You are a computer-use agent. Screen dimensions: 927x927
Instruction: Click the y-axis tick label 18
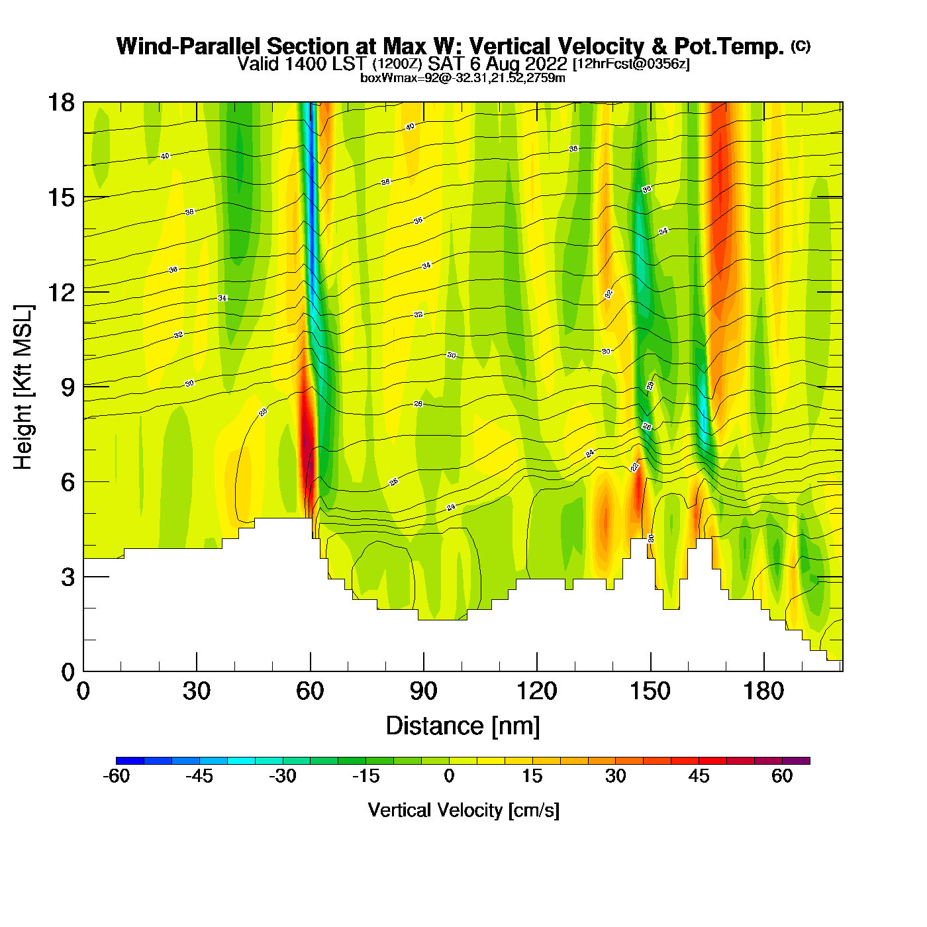(x=60, y=103)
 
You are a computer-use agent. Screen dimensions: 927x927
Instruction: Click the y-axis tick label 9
(x=68, y=387)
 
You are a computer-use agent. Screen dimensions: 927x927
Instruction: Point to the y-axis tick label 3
(x=68, y=577)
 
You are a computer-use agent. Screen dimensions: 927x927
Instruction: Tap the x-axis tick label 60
(x=310, y=691)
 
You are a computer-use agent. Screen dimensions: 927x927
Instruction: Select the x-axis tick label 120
(x=536, y=691)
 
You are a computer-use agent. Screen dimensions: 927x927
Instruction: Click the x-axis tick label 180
(x=763, y=691)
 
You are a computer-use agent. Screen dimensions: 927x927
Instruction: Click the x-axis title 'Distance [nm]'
(x=463, y=726)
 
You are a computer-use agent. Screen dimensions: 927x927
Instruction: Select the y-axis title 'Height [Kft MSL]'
(x=23, y=387)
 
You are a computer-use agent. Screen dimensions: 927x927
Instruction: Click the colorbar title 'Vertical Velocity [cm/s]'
(x=463, y=810)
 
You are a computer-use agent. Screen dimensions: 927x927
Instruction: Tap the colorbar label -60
(x=116, y=776)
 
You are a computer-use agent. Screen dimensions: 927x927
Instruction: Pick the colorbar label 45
(x=699, y=776)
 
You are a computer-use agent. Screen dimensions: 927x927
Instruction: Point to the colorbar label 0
(x=449, y=776)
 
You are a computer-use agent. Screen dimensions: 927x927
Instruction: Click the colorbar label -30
(x=282, y=776)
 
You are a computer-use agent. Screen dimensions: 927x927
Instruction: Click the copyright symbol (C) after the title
(x=801, y=46)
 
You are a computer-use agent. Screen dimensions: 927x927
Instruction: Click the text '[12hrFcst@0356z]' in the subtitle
(x=631, y=64)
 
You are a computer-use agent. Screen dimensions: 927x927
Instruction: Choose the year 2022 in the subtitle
(x=545, y=64)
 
